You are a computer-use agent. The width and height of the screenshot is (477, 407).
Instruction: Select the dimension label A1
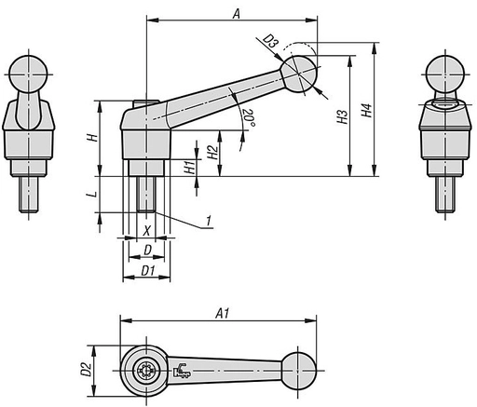point(223,314)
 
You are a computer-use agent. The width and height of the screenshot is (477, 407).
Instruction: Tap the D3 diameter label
point(269,41)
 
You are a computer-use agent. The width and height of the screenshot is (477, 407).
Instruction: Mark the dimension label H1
point(189,168)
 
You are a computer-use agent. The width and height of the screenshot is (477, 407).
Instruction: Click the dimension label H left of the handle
point(90,137)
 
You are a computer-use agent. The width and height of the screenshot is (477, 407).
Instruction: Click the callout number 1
point(209,219)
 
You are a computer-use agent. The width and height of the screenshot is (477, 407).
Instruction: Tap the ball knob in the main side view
point(300,74)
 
